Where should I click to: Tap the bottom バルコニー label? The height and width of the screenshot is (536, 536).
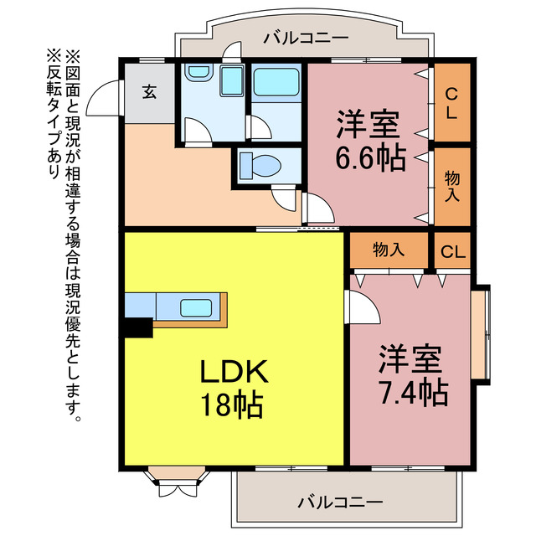point(338,502)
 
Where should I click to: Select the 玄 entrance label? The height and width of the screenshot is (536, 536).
point(148,92)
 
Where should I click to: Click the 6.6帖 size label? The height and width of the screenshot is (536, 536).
point(369,157)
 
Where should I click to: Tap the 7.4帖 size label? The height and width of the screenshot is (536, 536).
point(410,390)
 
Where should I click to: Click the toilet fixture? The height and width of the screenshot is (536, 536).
point(262,165)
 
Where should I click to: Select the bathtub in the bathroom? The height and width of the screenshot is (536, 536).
point(276,82)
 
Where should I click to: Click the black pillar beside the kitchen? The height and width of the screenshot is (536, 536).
point(137,327)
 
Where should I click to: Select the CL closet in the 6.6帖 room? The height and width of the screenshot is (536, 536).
point(451,102)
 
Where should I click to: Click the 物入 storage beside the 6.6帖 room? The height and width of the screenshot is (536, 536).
point(451,186)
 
